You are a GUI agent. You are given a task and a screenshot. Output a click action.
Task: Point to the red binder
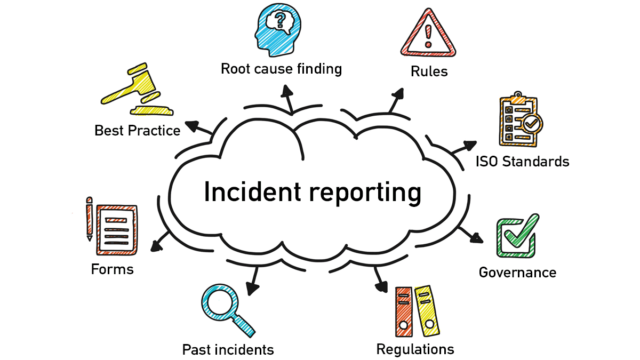tap(404, 312)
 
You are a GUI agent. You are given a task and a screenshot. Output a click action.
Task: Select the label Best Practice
tap(137, 130)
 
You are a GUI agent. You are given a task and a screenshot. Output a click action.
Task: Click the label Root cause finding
tap(281, 69)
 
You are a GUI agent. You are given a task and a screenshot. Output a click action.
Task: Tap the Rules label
tap(429, 71)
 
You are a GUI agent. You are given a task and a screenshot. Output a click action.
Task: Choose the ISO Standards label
tap(522, 161)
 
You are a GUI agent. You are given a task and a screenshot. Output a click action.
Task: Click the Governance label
tap(517, 273)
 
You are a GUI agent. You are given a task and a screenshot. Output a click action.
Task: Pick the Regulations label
tap(415, 349)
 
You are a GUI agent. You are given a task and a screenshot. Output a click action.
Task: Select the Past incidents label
tap(228, 350)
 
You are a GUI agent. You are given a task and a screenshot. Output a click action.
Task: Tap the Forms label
tap(112, 269)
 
